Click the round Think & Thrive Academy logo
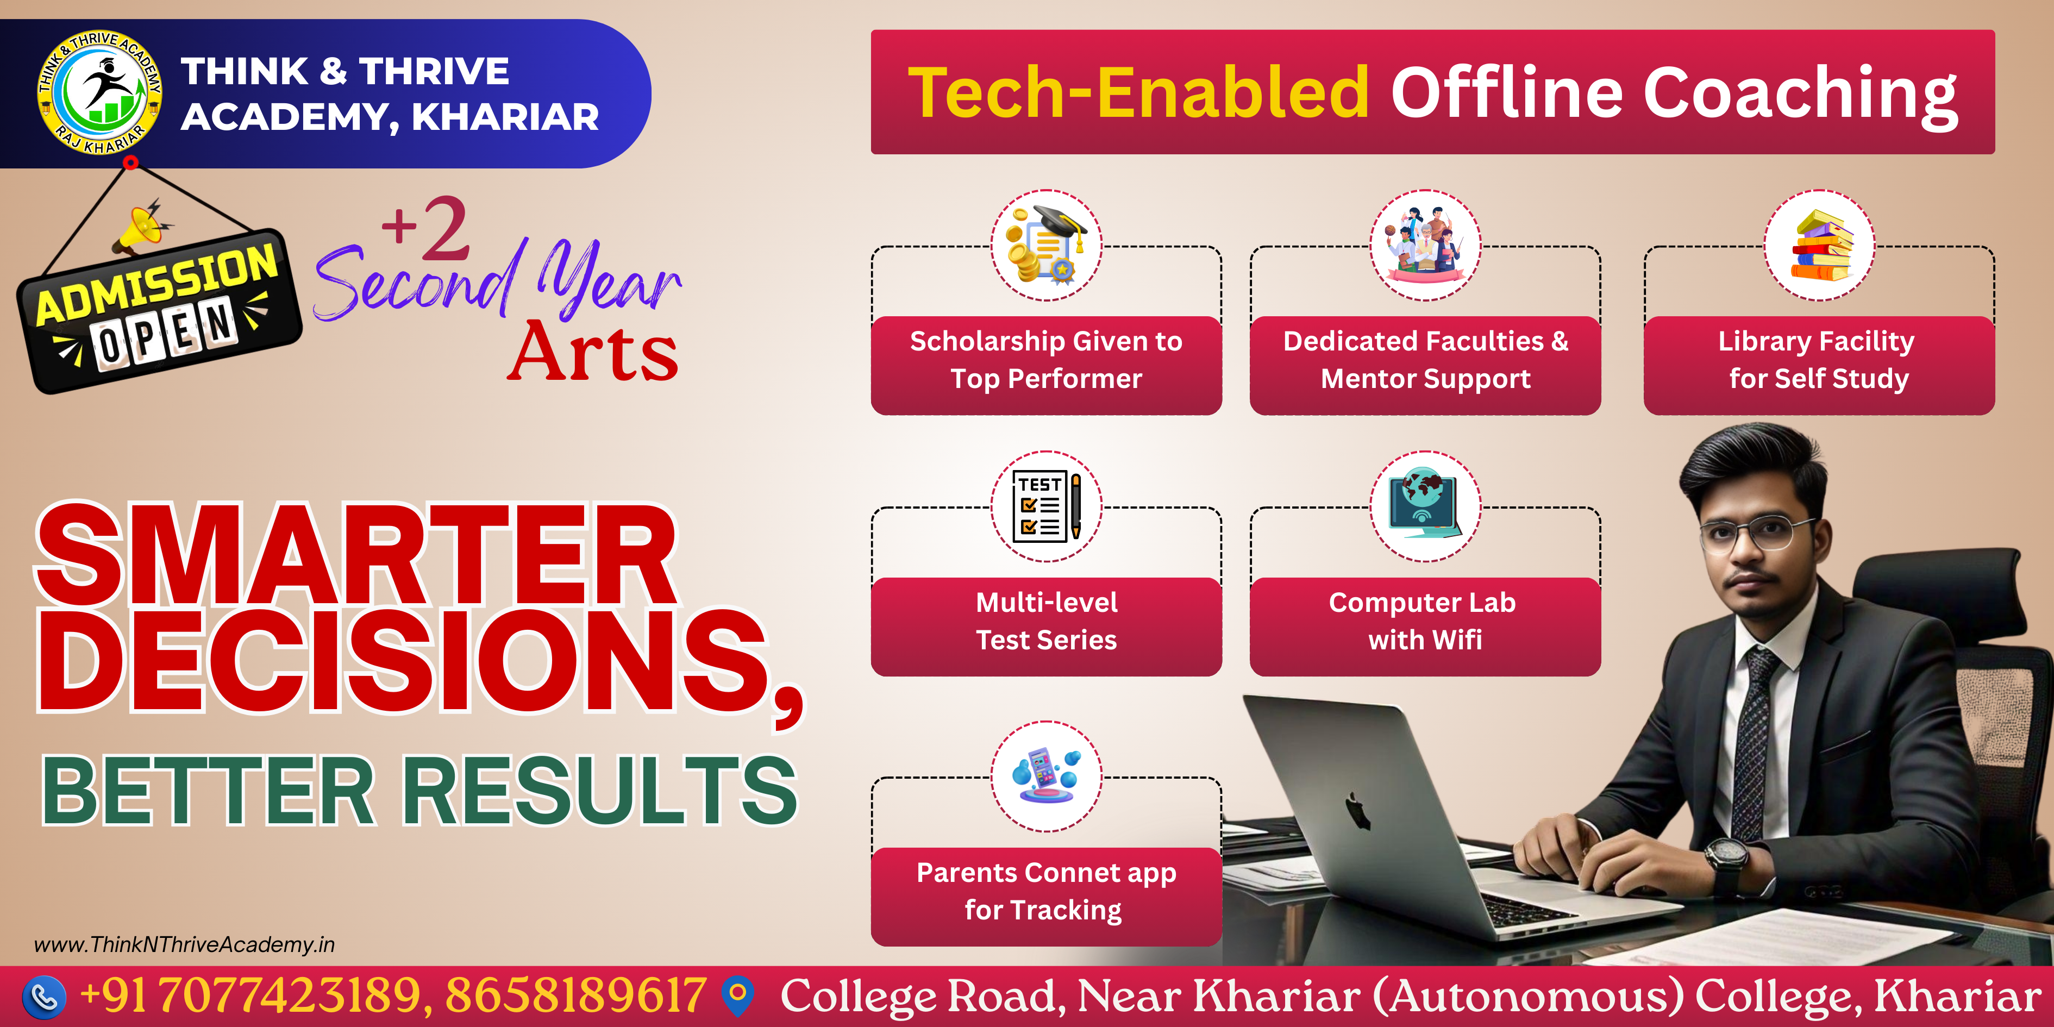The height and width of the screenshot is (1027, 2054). point(99,92)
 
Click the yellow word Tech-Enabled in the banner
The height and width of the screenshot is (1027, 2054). point(1138,92)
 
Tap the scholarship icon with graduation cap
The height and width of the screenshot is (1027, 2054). point(1046,245)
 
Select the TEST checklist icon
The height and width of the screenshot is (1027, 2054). point(1046,506)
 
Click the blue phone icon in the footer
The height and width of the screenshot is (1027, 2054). point(44,997)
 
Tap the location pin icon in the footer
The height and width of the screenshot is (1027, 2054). point(737,996)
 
